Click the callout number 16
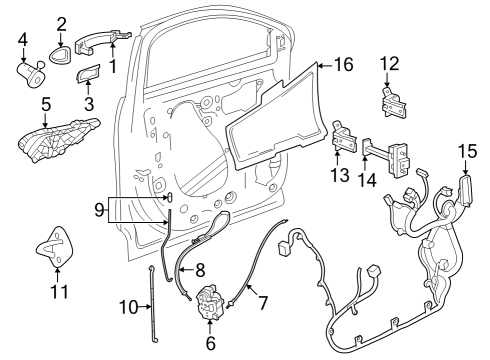[343, 64]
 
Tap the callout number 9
[99, 210]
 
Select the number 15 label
[467, 151]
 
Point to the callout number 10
[129, 307]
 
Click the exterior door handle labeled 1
[103, 42]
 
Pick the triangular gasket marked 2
[61, 55]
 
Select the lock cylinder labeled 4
[31, 74]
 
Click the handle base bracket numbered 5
[58, 139]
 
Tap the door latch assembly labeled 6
[211, 302]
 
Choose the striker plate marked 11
[55, 246]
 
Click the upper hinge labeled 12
[394, 103]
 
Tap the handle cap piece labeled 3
[88, 73]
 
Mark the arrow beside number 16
[325, 66]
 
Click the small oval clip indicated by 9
[170, 197]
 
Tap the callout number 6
[211, 343]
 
